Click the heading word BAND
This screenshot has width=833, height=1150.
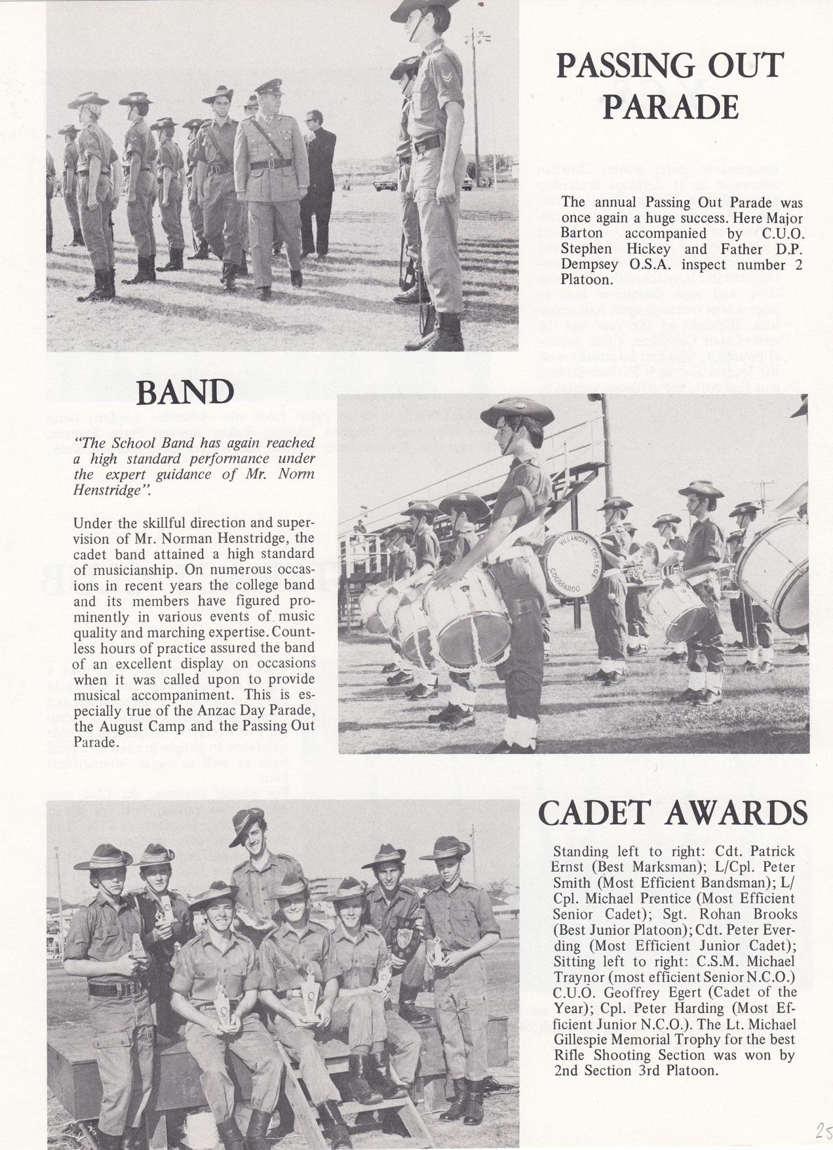(185, 393)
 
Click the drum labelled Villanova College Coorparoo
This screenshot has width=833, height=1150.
(571, 562)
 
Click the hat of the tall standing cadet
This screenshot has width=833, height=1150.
(249, 827)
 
